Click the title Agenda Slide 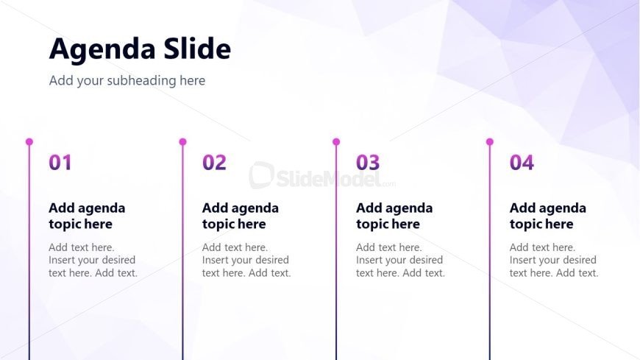click(x=140, y=49)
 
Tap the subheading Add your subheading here click(x=127, y=80)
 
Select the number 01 click(x=60, y=162)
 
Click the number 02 click(x=214, y=162)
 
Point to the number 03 click(x=368, y=162)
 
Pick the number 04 click(x=522, y=162)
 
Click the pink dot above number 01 click(x=29, y=142)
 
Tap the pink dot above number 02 click(x=183, y=142)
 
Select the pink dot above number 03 click(x=336, y=142)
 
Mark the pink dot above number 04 click(x=490, y=142)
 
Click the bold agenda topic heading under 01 click(x=87, y=216)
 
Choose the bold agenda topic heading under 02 click(x=241, y=216)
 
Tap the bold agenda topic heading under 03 click(x=394, y=216)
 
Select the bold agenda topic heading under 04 click(x=548, y=216)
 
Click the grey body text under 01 click(x=93, y=260)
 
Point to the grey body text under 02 click(x=246, y=260)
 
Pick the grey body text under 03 click(x=400, y=260)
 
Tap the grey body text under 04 click(x=554, y=260)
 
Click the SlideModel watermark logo click(x=322, y=176)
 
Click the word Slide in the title click(x=198, y=49)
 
